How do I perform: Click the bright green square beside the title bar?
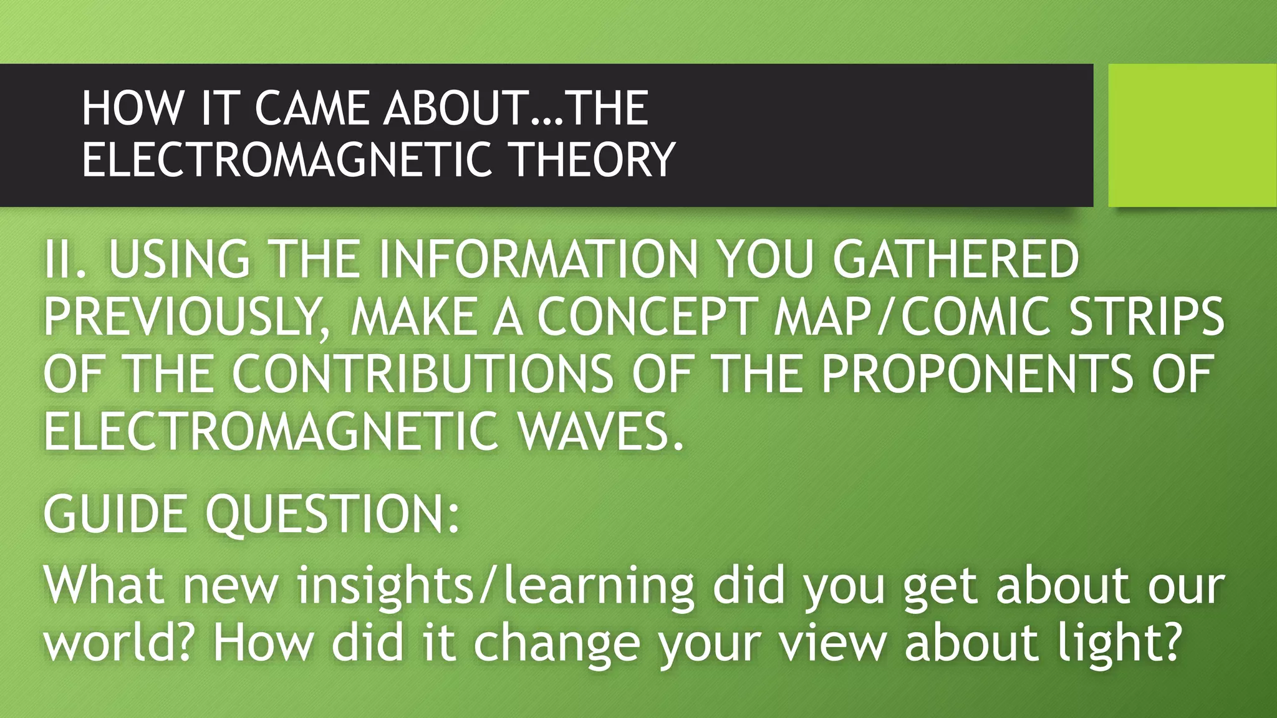click(x=1192, y=135)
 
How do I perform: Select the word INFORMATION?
click(x=539, y=259)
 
